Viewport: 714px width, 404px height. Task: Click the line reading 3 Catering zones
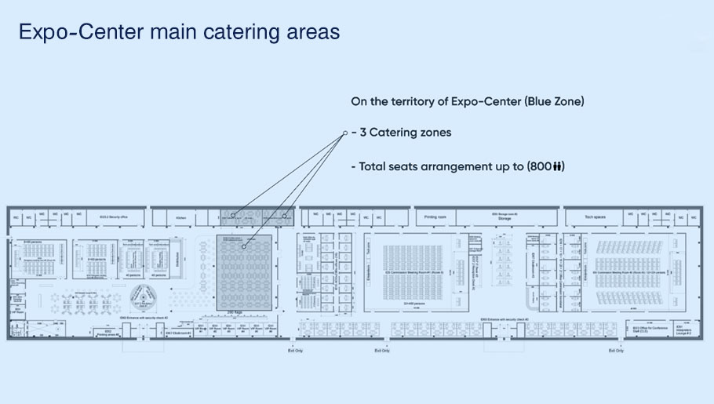pos(401,133)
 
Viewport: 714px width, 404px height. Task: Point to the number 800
pos(541,166)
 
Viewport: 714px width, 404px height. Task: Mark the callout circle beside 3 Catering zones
pos(345,133)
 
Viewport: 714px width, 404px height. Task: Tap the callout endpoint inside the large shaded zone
pos(245,246)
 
